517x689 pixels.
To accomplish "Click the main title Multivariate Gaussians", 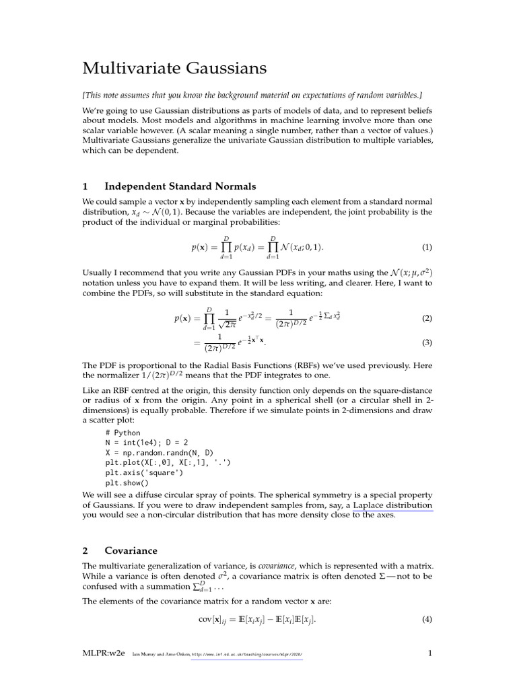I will (x=174, y=68).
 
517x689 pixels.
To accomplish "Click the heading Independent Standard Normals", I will (x=180, y=186).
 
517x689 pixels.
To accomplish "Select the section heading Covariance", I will (x=131, y=550).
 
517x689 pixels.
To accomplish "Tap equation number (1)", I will (x=427, y=247).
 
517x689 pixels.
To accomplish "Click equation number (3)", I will (x=427, y=343).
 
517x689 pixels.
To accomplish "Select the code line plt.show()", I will (x=127, y=482).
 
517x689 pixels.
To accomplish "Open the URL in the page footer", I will (x=247, y=654).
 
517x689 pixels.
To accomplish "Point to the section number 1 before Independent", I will (x=85, y=186).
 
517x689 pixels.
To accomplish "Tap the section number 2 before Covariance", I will (x=85, y=550).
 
